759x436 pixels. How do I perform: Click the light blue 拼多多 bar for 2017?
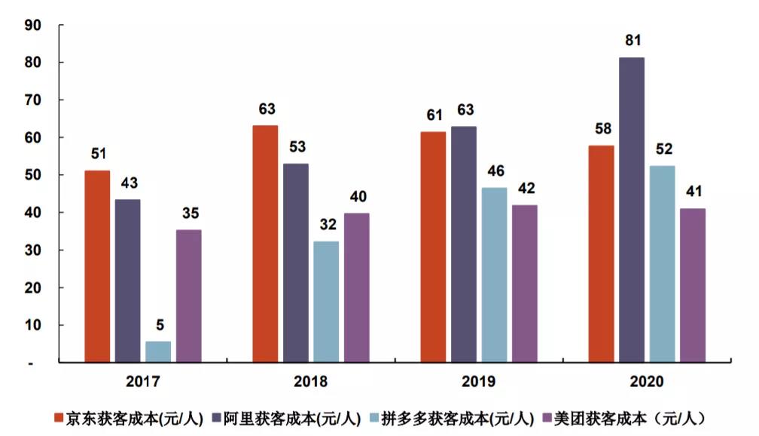click(158, 352)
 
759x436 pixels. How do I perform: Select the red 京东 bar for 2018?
click(265, 244)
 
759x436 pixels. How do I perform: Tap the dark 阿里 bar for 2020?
click(632, 210)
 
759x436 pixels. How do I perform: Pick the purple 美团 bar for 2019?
click(524, 284)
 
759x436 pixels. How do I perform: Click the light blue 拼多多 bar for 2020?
click(662, 264)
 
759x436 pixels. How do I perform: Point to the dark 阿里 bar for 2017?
click(127, 281)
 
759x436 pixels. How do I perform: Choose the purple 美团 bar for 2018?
click(357, 287)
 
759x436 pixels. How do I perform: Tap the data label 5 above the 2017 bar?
click(158, 325)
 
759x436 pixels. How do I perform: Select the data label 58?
click(601, 128)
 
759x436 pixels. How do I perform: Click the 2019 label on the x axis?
click(479, 382)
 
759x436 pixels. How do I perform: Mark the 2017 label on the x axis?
click(143, 382)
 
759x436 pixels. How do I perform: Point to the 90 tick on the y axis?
click(33, 25)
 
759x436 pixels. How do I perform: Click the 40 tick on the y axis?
click(33, 213)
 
